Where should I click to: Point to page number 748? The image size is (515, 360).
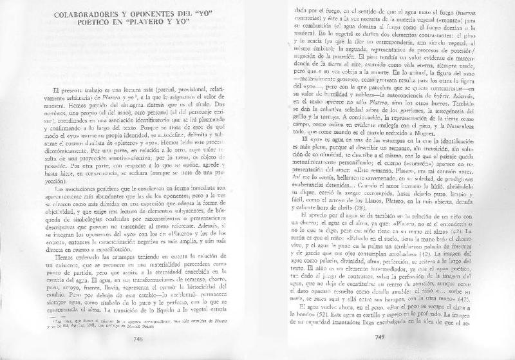pyautogui.click(x=137, y=339)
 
